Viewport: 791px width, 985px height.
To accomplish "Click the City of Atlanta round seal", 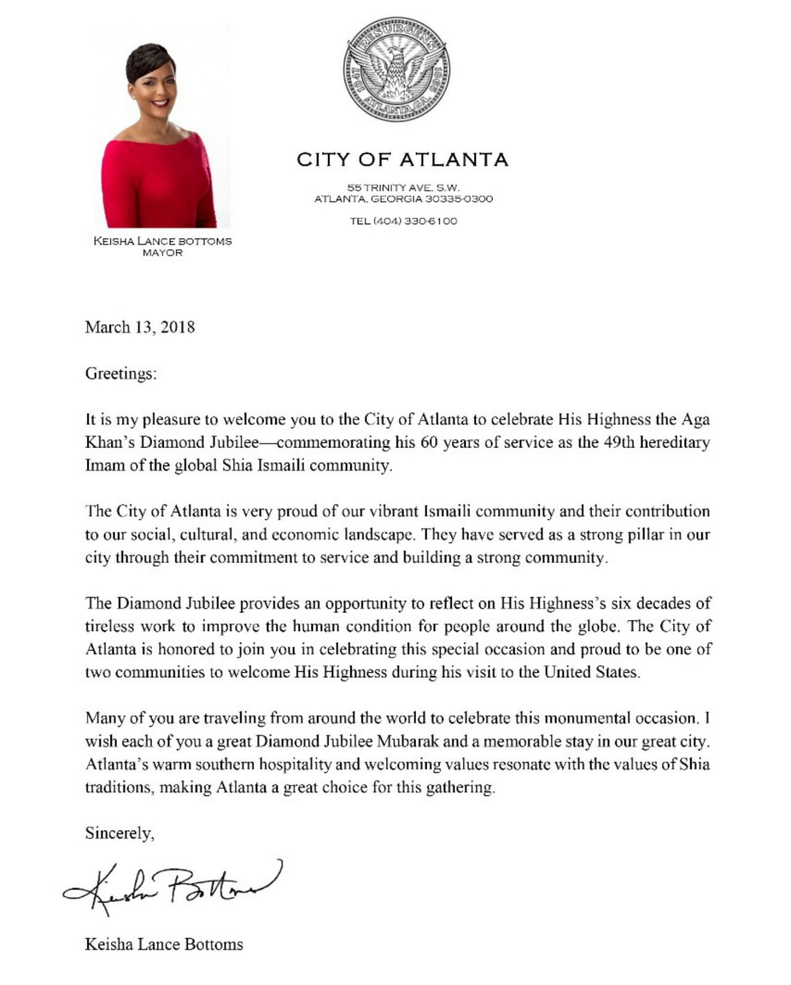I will [x=396, y=68].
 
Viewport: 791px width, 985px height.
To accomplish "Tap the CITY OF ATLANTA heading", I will [x=403, y=160].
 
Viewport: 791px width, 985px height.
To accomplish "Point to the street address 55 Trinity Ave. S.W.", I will [x=403, y=187].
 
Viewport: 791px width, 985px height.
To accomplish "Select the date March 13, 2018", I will [x=140, y=327].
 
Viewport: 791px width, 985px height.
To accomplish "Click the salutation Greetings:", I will [x=121, y=374].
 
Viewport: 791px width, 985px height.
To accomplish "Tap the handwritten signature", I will [x=172, y=885].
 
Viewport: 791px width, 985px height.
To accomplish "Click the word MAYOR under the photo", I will [x=163, y=253].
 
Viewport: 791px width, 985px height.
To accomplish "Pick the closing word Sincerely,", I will [x=119, y=834].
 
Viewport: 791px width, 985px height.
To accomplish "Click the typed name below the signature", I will [x=164, y=944].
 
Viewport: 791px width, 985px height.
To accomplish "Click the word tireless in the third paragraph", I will [x=109, y=627].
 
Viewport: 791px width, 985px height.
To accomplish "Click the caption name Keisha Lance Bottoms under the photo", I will [x=163, y=241].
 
